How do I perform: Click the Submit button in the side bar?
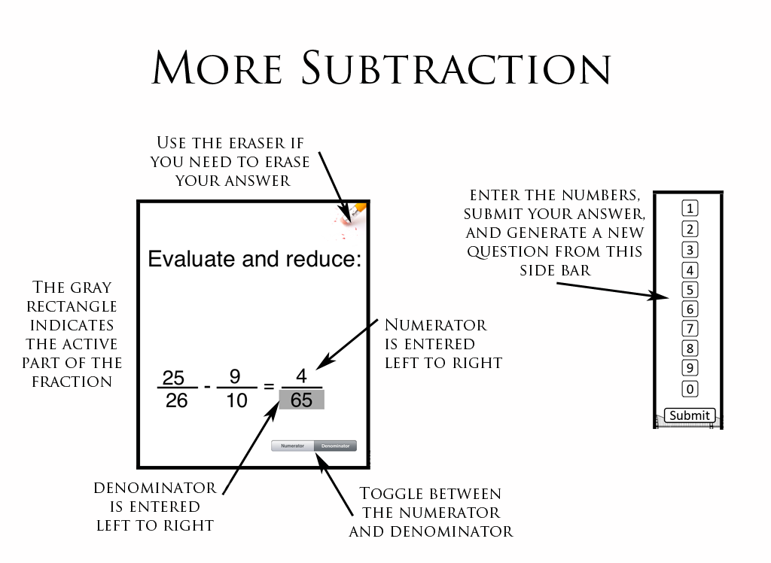689,415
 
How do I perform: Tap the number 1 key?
689,208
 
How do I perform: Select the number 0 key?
689,389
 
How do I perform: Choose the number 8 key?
689,348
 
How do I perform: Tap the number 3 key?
689,250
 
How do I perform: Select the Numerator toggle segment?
293,446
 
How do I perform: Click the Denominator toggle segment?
335,446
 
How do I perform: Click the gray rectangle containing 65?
301,400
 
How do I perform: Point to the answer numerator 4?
301,376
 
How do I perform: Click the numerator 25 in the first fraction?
174,376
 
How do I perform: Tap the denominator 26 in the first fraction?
176,400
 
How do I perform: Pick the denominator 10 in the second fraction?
236,400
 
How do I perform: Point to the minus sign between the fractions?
207,388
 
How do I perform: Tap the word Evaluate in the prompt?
191,260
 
